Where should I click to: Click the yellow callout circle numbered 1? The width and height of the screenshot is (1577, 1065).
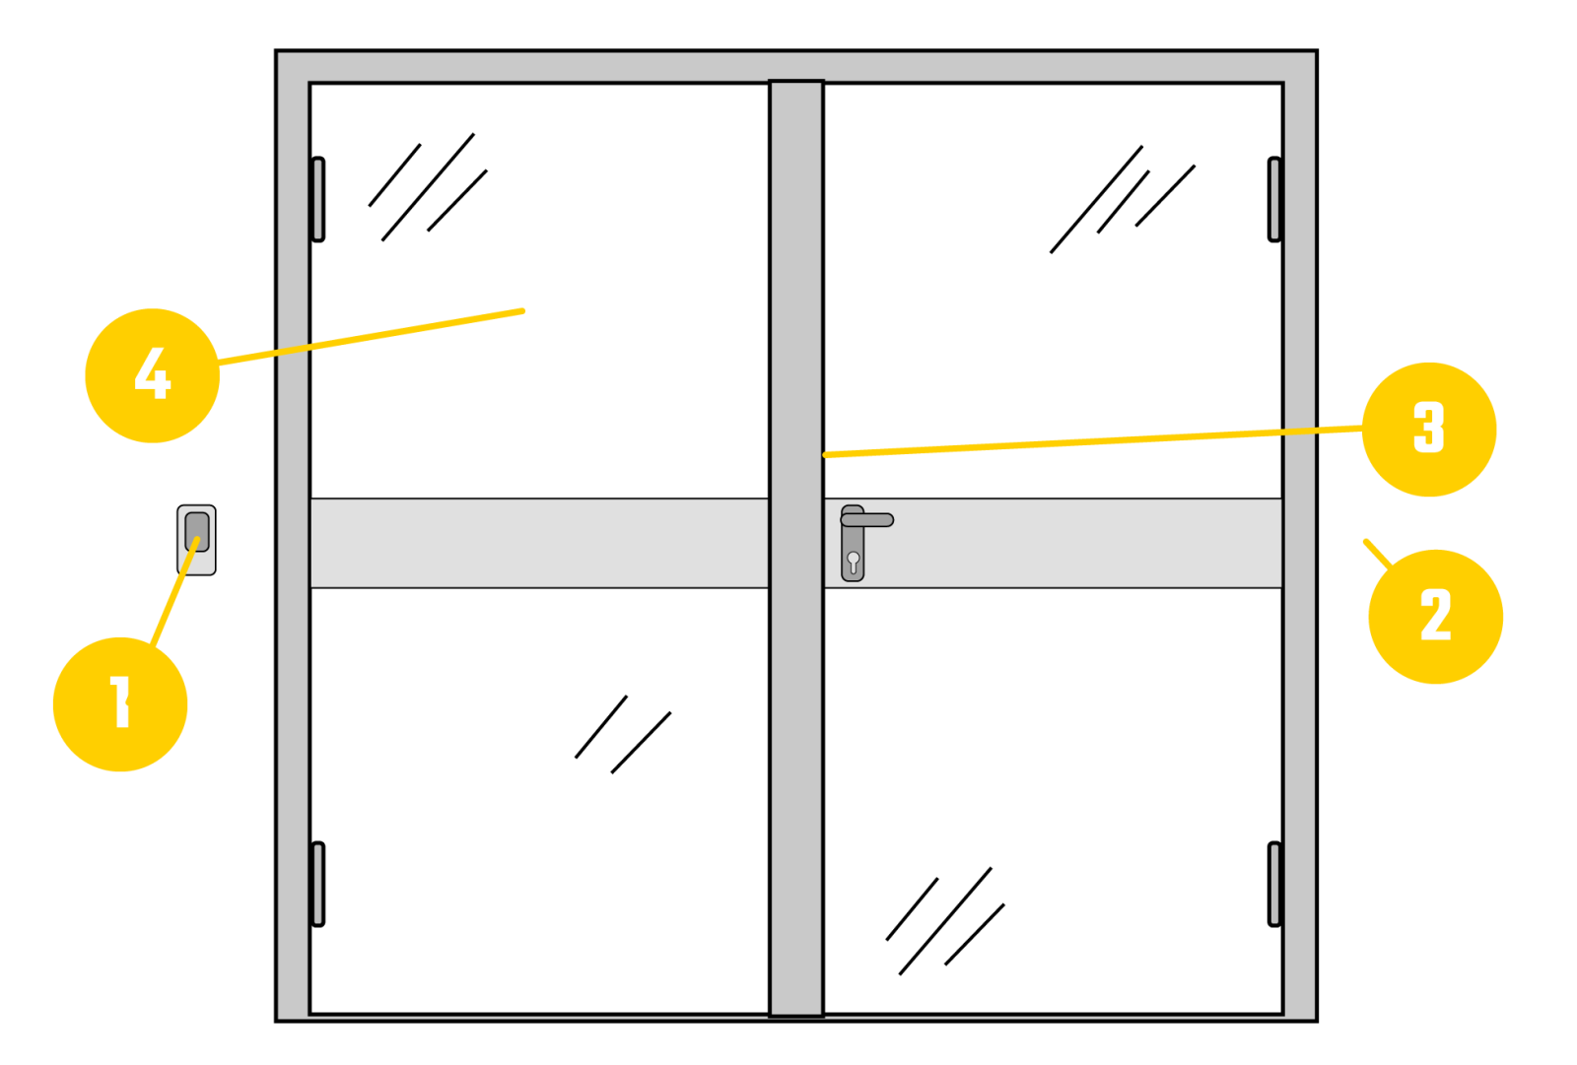click(120, 703)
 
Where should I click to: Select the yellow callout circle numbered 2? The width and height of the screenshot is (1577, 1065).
click(1435, 617)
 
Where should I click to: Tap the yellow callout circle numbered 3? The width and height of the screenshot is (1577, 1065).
click(1429, 430)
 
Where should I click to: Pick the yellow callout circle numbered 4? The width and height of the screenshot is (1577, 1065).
click(152, 375)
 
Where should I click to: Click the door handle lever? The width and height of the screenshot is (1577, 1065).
click(866, 520)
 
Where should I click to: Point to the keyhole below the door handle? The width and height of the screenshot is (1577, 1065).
click(854, 562)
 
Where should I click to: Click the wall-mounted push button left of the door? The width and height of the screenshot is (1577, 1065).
click(196, 540)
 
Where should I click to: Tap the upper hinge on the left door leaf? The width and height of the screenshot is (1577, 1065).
click(318, 199)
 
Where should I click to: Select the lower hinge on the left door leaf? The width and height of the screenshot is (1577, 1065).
click(318, 884)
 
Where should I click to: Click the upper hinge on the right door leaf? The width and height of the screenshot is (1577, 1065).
click(1274, 199)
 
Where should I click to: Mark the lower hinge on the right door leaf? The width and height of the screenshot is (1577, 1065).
click(1274, 884)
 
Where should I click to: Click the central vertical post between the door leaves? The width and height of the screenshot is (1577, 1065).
click(796, 549)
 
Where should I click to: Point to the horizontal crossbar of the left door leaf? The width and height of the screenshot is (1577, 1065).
click(539, 543)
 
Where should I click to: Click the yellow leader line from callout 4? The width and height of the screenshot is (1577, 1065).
click(371, 337)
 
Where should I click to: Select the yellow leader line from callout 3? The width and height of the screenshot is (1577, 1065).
click(1093, 441)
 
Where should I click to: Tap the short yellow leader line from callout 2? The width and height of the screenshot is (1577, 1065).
click(1379, 554)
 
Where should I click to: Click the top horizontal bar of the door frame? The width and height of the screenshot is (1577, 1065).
click(796, 67)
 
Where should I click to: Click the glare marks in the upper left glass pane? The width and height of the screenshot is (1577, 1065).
click(428, 187)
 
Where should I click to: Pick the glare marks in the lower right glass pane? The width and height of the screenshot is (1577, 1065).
click(945, 921)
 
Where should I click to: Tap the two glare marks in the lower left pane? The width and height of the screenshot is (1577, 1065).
click(623, 735)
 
